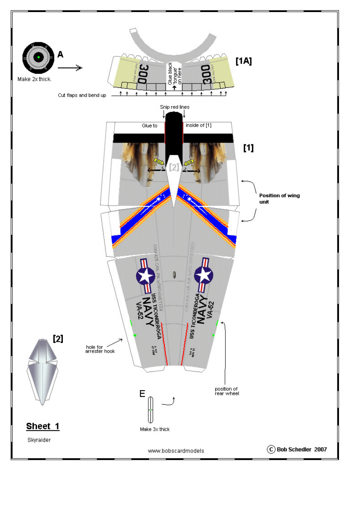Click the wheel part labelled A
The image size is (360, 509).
coord(38,58)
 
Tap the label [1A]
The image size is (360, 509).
coord(243,61)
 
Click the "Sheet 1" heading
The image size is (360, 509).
coord(43,426)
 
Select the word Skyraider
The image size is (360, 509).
coord(39,440)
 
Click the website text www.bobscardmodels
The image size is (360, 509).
coord(176,451)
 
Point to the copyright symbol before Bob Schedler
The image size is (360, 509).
coord(271,449)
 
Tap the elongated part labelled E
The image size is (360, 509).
coord(151,409)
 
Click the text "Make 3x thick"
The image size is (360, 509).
coord(155,429)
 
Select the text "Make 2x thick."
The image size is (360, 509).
coord(35,79)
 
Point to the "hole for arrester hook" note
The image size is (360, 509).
coord(100,349)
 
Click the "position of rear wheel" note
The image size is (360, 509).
coord(227,391)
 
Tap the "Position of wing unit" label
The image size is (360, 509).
coord(279,199)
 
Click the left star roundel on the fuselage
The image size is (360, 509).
coord(146,276)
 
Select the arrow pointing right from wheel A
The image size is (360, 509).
coord(73,68)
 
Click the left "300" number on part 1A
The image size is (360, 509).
coord(142,75)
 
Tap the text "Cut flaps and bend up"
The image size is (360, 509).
coord(82,96)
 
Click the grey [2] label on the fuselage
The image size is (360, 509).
coord(174,167)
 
